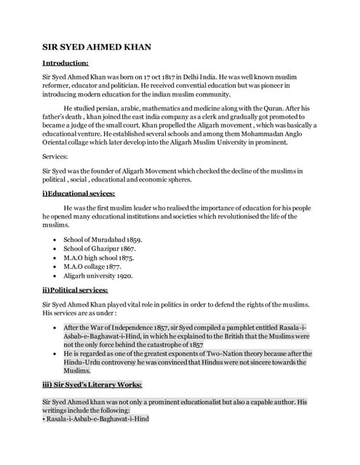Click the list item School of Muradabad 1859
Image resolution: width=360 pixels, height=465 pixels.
tap(103, 239)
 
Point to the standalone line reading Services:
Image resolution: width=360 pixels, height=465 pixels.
tap(57, 156)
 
